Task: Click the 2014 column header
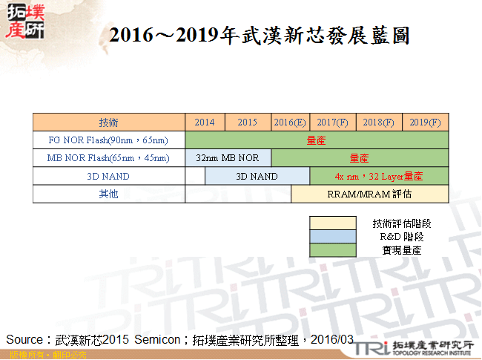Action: [x=205, y=122]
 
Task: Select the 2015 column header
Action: [x=248, y=122]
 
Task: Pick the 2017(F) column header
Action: [x=333, y=122]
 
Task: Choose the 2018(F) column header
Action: [x=379, y=122]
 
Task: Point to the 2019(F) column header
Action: [x=425, y=122]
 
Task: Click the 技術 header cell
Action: [x=108, y=122]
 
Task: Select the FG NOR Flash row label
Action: [x=108, y=140]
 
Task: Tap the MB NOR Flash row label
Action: [x=108, y=158]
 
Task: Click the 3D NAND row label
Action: [x=108, y=176]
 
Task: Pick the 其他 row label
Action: [x=108, y=194]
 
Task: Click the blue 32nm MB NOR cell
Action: [x=228, y=158]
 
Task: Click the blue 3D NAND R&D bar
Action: [x=257, y=176]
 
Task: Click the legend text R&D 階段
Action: [x=397, y=237]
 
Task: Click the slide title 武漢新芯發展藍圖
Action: [x=259, y=36]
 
